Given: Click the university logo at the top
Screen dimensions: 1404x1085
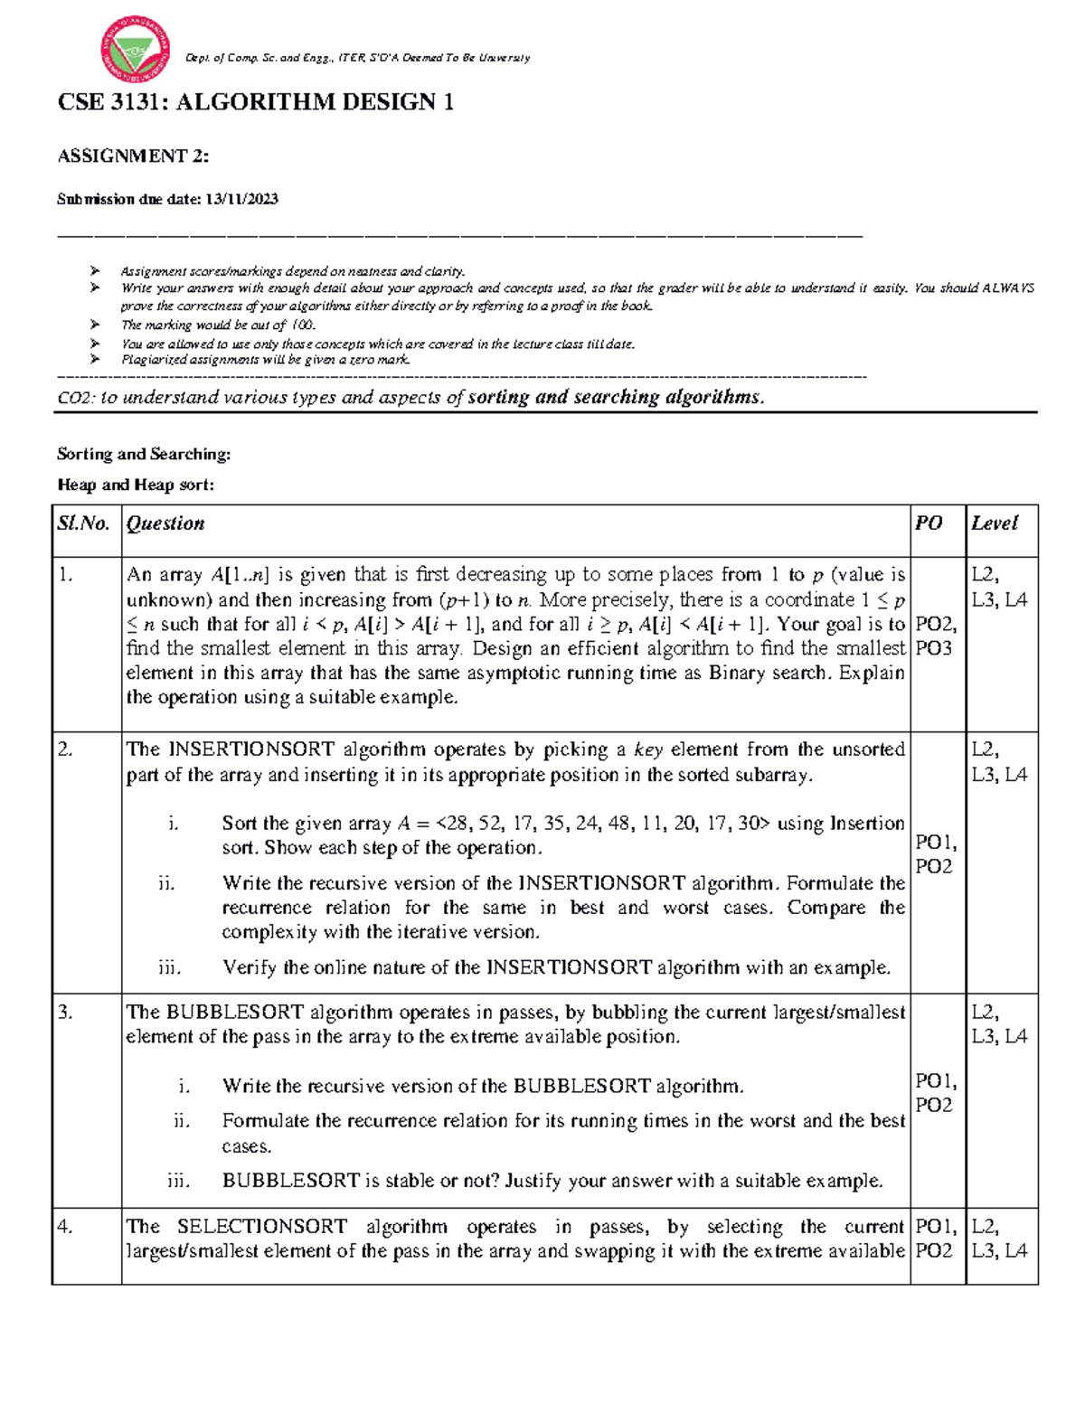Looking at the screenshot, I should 136,49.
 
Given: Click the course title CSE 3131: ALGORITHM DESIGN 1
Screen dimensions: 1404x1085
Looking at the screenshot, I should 255,102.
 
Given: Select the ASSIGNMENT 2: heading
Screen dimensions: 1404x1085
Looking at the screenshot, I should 133,156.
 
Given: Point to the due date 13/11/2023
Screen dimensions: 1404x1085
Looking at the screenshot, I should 241,200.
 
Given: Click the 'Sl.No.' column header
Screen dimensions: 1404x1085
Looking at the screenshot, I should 83,523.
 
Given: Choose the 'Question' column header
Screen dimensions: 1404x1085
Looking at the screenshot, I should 165,523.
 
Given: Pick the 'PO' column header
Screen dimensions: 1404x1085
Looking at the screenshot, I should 928,523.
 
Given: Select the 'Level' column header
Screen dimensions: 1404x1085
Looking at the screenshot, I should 994,523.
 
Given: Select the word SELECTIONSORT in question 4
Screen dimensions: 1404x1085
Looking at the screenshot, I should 261,1227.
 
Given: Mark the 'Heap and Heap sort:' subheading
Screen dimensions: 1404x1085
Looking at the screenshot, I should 136,485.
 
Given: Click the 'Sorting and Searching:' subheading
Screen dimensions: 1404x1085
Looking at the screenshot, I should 144,454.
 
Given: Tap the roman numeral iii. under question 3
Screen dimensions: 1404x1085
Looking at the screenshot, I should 178,1181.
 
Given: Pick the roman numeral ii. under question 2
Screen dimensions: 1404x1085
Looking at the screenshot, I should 166,883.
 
